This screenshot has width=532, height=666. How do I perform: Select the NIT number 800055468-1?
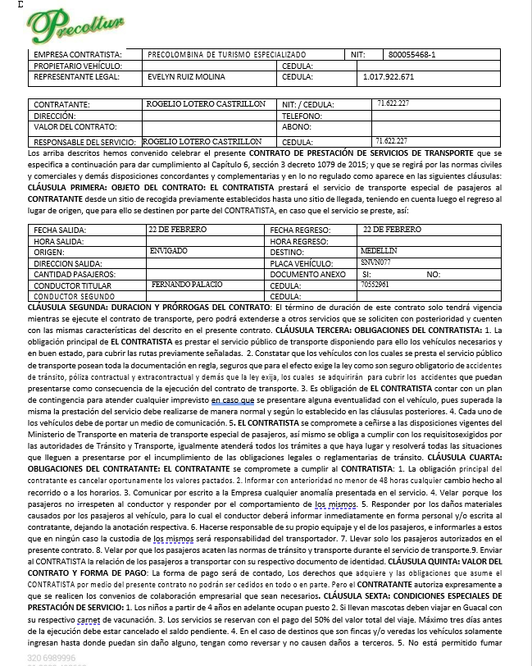[x=412, y=55]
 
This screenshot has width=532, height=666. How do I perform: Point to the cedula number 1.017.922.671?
[x=388, y=77]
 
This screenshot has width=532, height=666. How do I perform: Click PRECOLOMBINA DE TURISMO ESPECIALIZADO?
[x=226, y=55]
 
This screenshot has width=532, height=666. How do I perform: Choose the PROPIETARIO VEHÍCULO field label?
[x=78, y=66]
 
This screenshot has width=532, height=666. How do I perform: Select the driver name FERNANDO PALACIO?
[x=175, y=284]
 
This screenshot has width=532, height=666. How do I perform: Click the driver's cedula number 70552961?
[x=375, y=284]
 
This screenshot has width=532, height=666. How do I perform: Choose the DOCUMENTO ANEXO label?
[x=308, y=273]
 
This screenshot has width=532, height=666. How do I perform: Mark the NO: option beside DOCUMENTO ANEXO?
[x=434, y=273]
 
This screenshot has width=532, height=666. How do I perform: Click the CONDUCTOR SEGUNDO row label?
[x=70, y=295]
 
